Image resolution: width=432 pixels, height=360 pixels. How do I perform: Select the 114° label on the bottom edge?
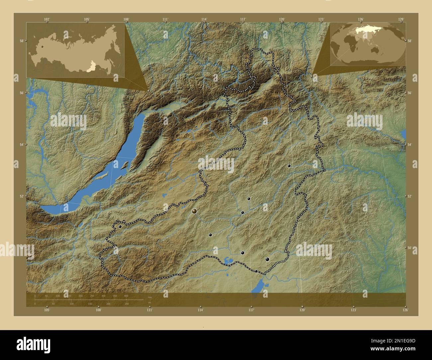[200, 310]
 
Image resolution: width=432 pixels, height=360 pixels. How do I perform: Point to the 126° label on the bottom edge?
[405, 310]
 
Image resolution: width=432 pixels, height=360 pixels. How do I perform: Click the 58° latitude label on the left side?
[22, 41]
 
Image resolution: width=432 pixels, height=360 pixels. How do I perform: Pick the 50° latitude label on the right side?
[409, 248]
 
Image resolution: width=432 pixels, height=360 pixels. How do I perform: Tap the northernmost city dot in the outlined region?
[289, 165]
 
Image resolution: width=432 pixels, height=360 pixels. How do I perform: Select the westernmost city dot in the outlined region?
[120, 226]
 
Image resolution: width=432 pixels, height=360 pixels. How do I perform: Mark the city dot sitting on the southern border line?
[256, 271]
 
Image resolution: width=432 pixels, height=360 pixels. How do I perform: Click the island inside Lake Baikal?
[125, 164]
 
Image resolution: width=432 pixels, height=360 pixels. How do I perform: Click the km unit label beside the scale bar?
[150, 298]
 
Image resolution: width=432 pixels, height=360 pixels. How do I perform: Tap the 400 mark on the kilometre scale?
[126, 296]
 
